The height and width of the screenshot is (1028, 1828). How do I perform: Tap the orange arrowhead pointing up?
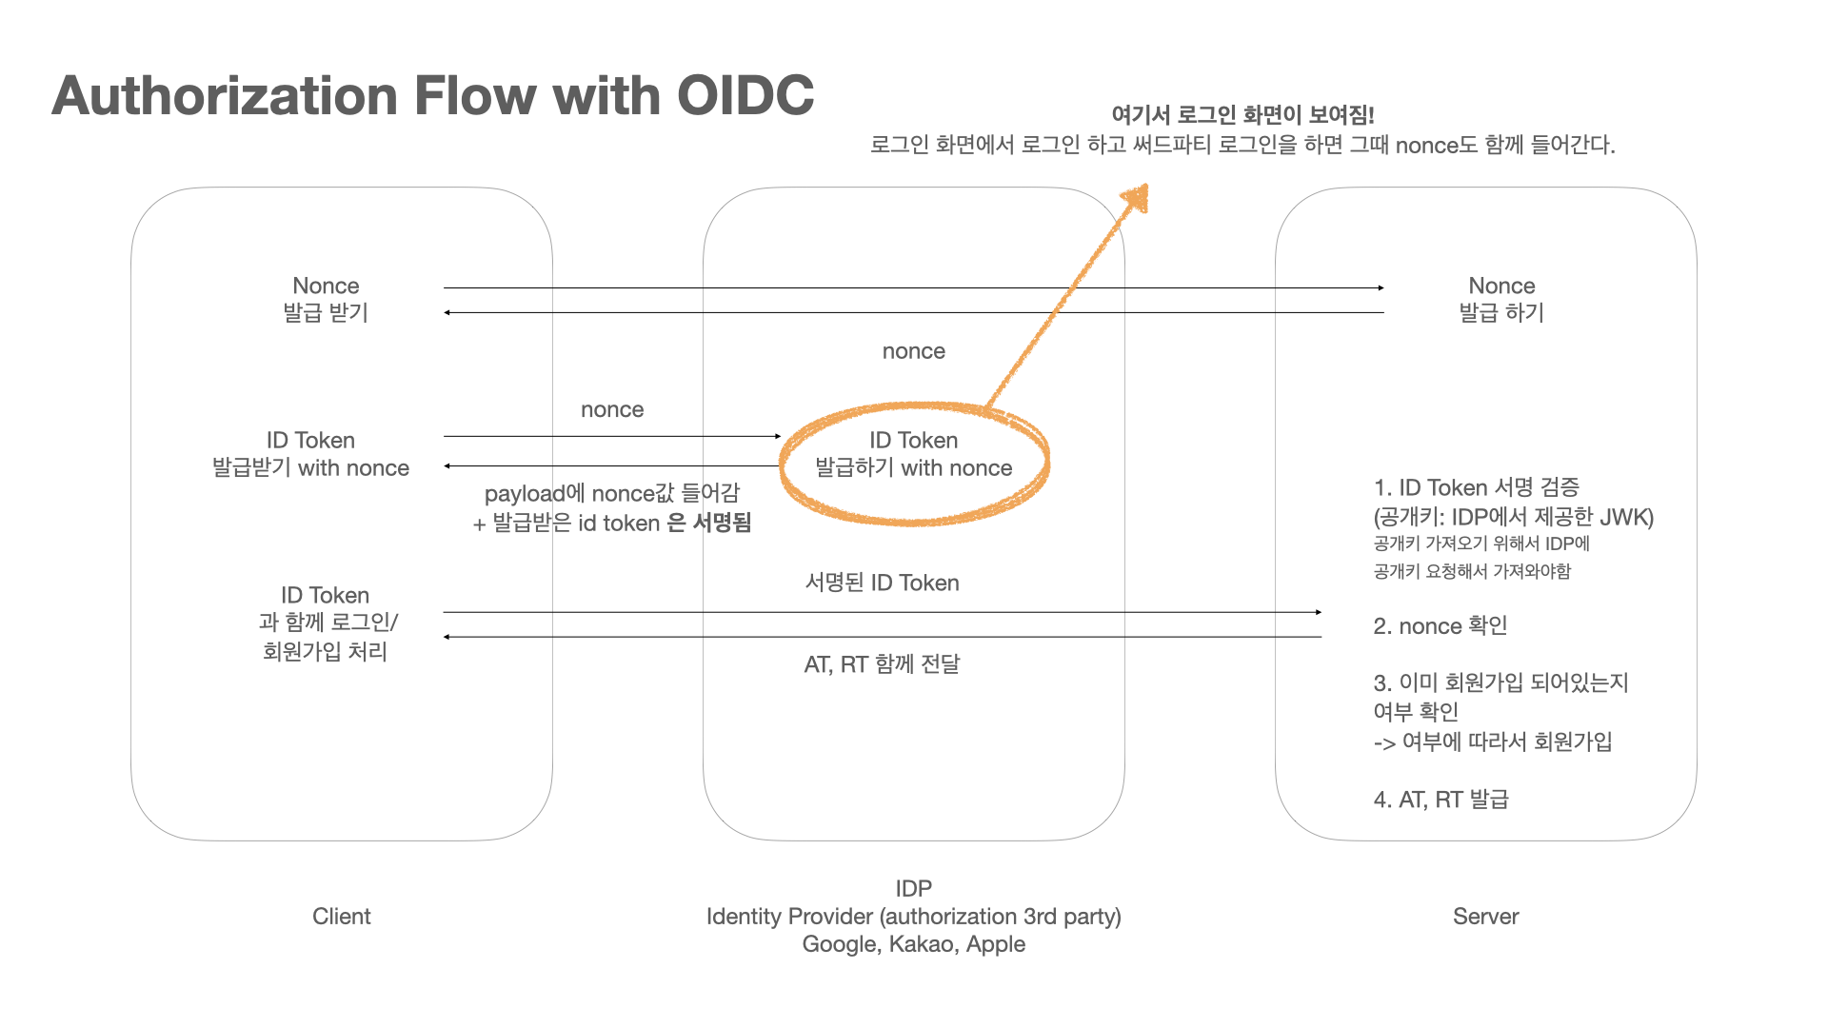click(x=1136, y=198)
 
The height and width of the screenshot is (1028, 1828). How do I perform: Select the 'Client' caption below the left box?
click(x=341, y=917)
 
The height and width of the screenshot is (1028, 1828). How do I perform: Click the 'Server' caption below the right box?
click(x=1485, y=917)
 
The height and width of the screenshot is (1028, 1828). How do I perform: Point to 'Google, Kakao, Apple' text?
click(x=913, y=944)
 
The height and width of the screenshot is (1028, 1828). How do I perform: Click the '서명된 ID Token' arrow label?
click(x=882, y=583)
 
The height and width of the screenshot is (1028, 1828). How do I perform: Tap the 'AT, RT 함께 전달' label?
click(x=882, y=664)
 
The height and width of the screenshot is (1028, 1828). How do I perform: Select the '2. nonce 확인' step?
click(x=1440, y=626)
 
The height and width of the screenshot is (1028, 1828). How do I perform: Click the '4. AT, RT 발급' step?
click(x=1441, y=800)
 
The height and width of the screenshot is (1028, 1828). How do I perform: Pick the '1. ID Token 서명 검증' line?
click(x=1476, y=488)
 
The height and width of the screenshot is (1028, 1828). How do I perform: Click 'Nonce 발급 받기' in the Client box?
click(x=326, y=299)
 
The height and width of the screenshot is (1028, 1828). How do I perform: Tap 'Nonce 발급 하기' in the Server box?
click(x=1501, y=299)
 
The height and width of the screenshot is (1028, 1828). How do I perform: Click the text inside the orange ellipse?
click(x=913, y=454)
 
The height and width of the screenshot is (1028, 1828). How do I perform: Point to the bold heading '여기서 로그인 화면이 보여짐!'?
click(x=1242, y=115)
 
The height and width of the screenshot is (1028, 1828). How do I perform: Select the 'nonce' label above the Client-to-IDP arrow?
click(x=612, y=410)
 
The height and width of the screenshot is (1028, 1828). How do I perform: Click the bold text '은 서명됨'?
click(x=709, y=523)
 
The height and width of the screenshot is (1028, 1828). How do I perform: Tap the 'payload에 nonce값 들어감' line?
click(x=611, y=493)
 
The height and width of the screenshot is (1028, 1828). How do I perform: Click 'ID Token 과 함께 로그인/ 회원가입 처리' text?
click(x=326, y=623)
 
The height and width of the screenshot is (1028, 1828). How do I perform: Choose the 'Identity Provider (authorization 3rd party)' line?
click(x=913, y=917)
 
